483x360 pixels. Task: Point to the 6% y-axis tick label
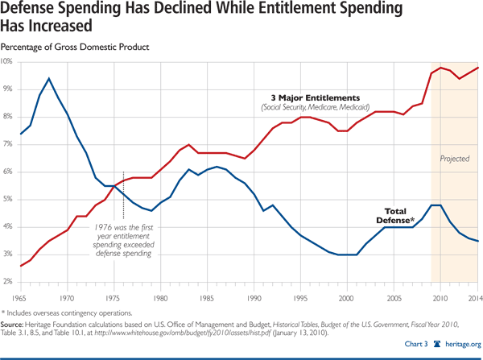tap(6, 172)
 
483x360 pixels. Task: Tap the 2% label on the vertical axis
tap(6, 282)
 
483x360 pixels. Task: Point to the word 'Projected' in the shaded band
tap(454, 159)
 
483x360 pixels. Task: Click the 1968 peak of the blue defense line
tap(50, 78)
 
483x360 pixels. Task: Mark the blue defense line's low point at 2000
tap(347, 254)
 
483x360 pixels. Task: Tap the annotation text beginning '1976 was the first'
tap(122, 230)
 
